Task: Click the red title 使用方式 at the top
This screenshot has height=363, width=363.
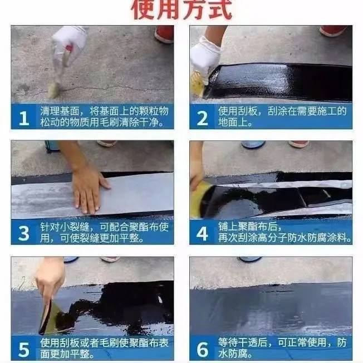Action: (181, 9)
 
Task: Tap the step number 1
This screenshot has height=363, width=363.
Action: (23, 117)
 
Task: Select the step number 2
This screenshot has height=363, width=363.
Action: (203, 117)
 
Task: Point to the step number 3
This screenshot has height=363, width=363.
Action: (23, 233)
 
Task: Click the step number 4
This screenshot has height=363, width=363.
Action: (203, 233)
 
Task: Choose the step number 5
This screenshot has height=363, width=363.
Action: (23, 349)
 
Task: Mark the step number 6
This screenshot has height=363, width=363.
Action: (203, 349)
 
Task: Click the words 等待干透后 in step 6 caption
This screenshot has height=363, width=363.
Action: (240, 343)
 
